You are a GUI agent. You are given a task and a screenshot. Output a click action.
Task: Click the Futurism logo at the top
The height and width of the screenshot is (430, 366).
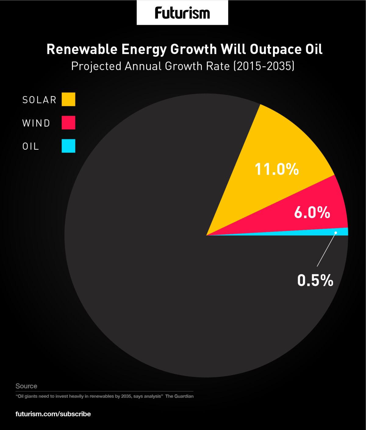click(182, 13)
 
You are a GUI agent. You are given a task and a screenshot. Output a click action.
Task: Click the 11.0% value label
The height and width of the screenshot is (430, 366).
click(277, 169)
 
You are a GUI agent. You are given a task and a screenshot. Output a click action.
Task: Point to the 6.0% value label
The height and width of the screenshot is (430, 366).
click(312, 212)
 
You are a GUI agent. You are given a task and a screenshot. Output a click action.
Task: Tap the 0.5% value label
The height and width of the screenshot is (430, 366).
click(315, 280)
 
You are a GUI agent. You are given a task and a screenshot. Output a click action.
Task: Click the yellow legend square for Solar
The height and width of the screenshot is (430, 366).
click(68, 100)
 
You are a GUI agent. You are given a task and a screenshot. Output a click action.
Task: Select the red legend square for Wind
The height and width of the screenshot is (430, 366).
click(68, 123)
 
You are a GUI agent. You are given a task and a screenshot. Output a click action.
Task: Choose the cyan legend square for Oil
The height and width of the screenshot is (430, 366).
click(68, 146)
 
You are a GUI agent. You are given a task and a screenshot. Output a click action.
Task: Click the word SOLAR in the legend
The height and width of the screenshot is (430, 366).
click(39, 100)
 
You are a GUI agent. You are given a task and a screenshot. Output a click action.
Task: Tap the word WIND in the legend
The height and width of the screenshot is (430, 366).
click(36, 123)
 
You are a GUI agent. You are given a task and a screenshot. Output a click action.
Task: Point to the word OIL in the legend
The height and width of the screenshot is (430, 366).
click(31, 146)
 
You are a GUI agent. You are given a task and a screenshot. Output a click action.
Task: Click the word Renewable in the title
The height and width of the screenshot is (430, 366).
click(82, 49)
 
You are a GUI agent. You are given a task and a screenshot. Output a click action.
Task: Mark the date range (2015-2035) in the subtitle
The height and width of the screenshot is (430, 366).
click(264, 66)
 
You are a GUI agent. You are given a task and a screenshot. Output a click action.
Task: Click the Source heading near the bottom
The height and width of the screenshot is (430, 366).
click(26, 386)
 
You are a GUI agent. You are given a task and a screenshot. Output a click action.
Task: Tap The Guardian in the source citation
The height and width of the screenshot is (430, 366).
click(179, 396)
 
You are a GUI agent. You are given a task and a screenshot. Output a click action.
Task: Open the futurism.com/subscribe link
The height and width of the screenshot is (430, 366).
click(53, 414)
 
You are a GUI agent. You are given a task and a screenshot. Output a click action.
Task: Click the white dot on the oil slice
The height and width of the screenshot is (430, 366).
click(335, 233)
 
